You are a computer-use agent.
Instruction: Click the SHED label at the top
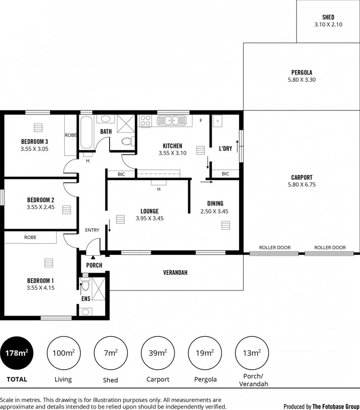point(328,17)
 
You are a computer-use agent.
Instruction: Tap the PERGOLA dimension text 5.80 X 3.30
point(302,80)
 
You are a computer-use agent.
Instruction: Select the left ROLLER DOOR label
point(274,247)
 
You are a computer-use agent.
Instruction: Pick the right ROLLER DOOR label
point(330,247)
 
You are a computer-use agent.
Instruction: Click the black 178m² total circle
point(17,353)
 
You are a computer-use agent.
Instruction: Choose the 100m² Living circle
point(63,353)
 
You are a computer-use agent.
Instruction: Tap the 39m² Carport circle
point(157,353)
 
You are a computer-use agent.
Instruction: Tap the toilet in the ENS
point(85,286)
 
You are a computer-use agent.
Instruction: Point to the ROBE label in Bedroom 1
point(30,237)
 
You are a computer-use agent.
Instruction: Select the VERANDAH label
point(175,273)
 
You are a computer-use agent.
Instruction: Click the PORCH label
point(94,265)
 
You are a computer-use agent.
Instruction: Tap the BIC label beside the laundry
point(225,174)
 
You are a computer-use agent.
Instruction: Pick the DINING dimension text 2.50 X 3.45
point(214,211)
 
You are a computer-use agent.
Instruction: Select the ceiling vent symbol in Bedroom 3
point(37,128)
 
